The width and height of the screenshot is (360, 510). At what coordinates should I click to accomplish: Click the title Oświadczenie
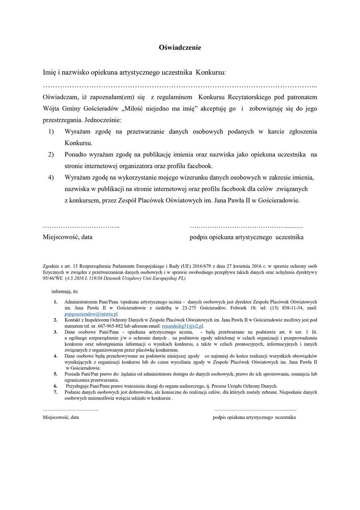180,48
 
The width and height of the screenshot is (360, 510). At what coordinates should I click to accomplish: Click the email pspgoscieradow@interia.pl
91,314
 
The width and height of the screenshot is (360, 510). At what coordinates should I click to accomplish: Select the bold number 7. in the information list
55,392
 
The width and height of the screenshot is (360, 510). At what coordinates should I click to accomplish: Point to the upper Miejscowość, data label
67,237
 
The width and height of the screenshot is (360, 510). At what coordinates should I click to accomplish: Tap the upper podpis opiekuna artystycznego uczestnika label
246,237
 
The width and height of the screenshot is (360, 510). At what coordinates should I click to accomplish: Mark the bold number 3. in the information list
55,332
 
